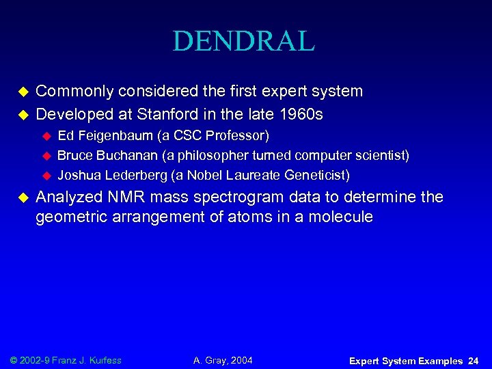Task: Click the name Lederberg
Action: pyautogui.click(x=131, y=176)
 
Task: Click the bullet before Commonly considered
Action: pyautogui.click(x=22, y=92)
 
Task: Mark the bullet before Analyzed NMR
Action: pyautogui.click(x=22, y=199)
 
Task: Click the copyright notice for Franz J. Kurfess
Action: pyautogui.click(x=65, y=359)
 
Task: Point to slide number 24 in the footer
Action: pyautogui.click(x=474, y=360)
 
